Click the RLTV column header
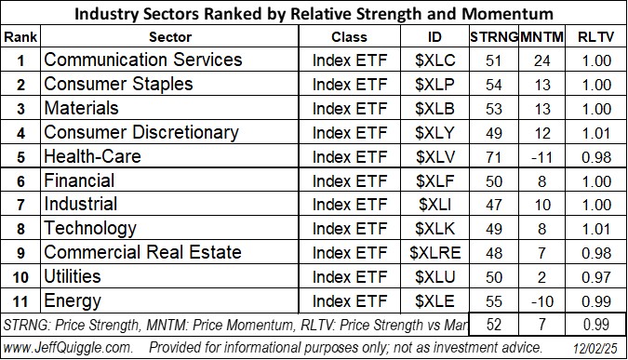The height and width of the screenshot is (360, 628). [593, 36]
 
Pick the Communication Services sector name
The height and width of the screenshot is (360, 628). [143, 60]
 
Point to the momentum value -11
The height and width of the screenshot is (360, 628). [541, 156]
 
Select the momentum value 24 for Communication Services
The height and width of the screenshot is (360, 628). [541, 60]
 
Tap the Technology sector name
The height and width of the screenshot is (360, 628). [90, 229]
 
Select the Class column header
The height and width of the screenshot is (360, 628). [350, 36]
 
